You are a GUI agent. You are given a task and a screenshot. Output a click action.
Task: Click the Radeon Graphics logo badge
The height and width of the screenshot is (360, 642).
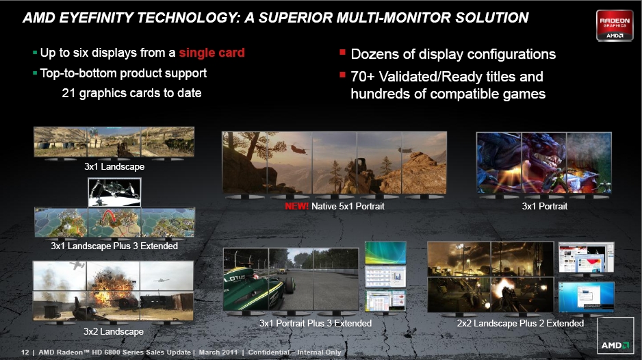coord(615,25)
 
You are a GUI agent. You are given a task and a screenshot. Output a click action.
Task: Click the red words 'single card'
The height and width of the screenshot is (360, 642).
coord(211,53)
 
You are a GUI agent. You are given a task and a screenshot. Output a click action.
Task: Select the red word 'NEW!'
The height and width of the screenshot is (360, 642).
coord(297,206)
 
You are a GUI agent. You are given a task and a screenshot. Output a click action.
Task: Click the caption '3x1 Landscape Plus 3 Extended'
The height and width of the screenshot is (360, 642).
coord(114,246)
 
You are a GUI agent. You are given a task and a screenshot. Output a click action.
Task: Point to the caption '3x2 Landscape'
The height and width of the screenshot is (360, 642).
coord(114,331)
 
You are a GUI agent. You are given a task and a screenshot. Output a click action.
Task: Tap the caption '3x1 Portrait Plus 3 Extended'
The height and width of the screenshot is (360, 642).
coord(316,323)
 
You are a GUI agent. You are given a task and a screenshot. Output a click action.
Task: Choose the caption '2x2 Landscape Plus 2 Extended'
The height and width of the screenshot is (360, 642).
coord(520,323)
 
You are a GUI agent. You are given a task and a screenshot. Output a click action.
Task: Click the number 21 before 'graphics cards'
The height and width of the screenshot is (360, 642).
coord(68,93)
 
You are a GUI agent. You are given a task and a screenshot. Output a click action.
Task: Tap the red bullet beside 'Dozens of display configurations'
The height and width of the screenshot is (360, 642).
coord(343,52)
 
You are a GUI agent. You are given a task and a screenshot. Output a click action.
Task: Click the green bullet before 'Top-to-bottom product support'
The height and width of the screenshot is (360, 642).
coord(35,74)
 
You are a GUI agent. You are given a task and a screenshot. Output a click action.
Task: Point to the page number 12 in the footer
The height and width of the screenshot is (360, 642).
coord(25,352)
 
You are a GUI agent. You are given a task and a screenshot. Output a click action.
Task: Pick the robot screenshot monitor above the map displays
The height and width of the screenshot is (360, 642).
coord(114,192)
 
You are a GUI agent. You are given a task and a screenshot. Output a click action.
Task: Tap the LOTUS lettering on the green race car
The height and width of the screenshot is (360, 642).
coord(235,279)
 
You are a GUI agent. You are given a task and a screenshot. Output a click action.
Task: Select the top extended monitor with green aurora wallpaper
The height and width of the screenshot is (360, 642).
coord(385,253)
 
